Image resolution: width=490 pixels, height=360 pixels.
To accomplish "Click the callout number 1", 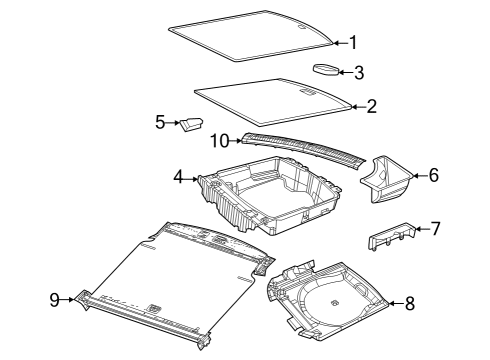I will [x=351, y=42].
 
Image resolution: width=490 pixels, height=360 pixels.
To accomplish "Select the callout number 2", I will [x=372, y=105].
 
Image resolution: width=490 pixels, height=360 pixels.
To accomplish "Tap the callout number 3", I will [x=359, y=72].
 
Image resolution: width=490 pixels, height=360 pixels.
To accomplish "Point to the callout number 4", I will [x=178, y=177].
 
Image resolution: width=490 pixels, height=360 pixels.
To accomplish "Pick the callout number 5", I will [x=159, y=122].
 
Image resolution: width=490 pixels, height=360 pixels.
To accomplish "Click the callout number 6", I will [x=433, y=175].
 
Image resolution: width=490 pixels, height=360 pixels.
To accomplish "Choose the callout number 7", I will [x=434, y=229].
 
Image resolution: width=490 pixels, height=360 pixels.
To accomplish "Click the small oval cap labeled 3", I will [x=327, y=69].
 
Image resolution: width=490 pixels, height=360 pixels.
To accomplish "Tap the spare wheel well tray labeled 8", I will [x=330, y=297].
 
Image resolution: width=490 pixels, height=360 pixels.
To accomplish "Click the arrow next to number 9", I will [x=70, y=297].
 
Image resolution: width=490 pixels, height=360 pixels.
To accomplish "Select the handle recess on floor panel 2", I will [x=309, y=91].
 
